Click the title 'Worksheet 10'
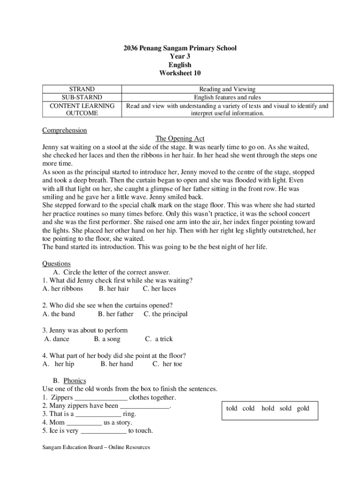pos(180,73)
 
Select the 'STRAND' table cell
pos(82,89)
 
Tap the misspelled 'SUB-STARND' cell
pos(82,97)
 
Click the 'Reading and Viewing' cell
pos(227,89)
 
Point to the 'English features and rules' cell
pos(227,97)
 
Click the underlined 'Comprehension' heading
pos(65,130)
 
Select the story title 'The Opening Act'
pos(180,138)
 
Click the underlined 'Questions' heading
pos(56,264)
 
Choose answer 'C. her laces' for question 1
pos(159,289)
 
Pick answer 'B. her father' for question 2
pos(115,314)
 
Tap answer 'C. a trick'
pos(159,339)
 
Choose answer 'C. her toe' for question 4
pos(167,364)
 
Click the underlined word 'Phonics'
pos(75,381)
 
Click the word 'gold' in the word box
pos(303,408)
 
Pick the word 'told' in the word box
pos(232,408)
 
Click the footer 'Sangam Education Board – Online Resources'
pos(96,448)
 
